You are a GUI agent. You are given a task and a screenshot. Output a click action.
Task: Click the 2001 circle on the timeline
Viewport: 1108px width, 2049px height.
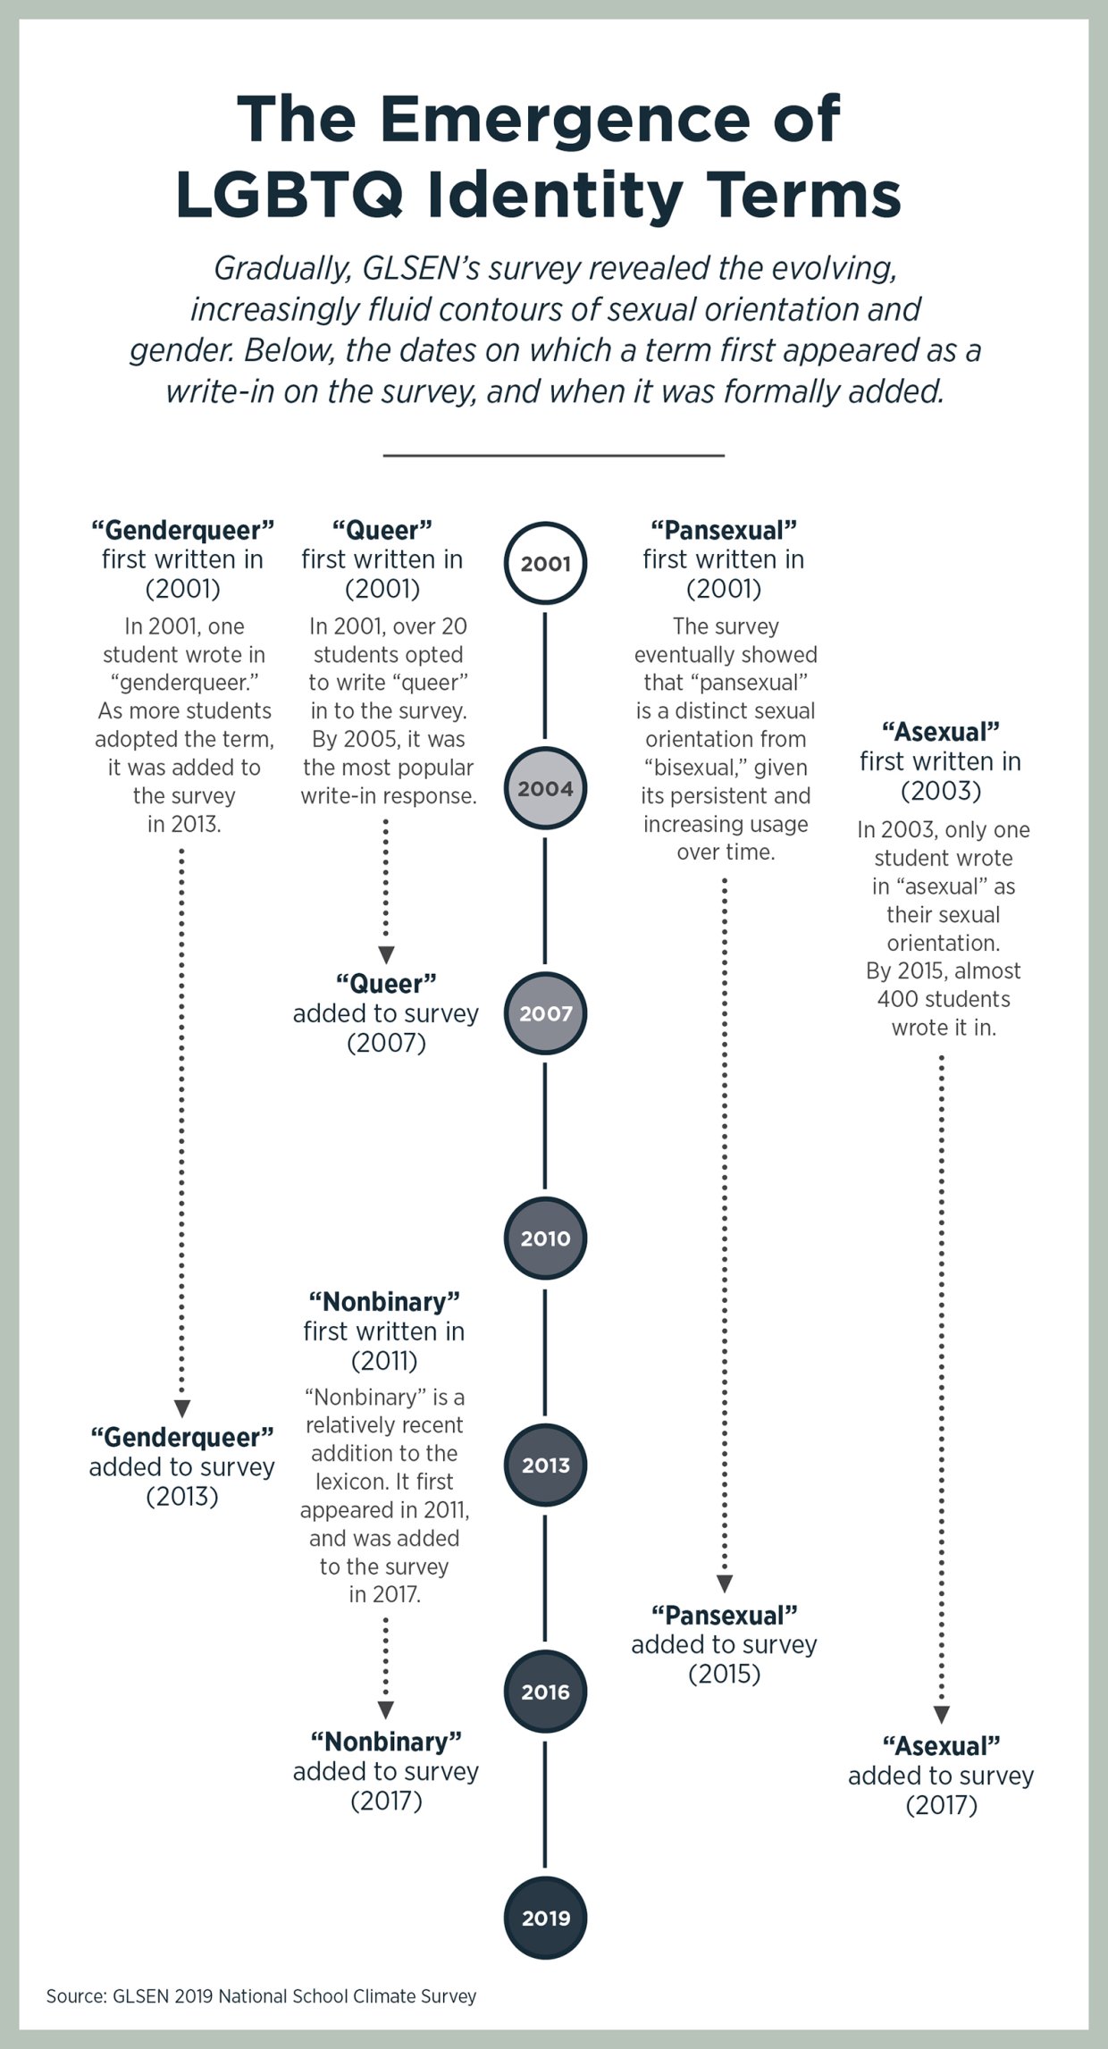[545, 563]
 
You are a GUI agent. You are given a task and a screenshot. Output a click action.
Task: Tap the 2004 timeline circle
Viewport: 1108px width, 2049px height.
[545, 788]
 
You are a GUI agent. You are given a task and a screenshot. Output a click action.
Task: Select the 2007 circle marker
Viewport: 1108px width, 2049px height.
[545, 1013]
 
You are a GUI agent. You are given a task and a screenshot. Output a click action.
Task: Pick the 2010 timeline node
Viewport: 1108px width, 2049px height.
[545, 1239]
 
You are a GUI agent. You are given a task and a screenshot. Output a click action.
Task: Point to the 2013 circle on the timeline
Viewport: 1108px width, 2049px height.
[545, 1465]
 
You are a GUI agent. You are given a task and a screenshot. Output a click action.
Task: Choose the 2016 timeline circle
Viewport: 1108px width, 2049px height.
[545, 1692]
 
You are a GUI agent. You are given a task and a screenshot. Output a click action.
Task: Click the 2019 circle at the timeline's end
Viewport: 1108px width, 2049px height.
[545, 1918]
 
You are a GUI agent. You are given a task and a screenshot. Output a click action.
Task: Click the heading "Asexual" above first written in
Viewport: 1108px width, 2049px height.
[941, 732]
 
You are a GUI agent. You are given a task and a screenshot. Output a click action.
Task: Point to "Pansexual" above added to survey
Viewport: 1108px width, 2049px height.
[724, 1615]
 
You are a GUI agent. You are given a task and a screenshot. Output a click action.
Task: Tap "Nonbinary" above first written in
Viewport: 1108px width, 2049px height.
[384, 1301]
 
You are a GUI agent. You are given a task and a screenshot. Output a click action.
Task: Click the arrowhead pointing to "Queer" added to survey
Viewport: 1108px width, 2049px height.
[386, 955]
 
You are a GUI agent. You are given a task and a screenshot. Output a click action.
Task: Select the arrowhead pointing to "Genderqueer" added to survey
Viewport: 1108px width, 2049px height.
[182, 1409]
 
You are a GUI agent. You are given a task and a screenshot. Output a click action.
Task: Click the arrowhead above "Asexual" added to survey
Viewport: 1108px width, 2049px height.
[941, 1715]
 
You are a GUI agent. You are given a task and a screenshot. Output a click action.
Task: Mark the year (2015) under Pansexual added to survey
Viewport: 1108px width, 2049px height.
[724, 1674]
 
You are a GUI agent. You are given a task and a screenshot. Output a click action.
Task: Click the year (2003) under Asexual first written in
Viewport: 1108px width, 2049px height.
[941, 791]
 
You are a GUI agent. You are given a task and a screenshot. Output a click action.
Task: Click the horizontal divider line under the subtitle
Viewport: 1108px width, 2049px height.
[553, 456]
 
